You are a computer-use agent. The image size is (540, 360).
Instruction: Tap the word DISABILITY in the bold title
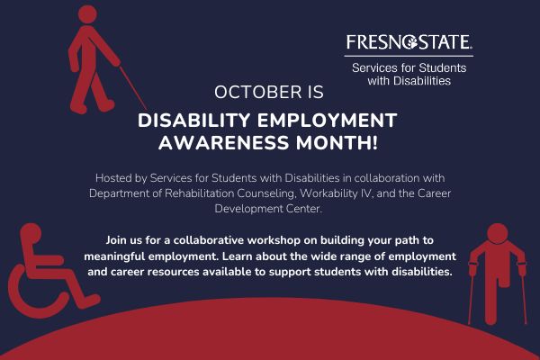pos(193,121)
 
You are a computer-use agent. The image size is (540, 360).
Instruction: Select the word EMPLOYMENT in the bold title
pos(328,121)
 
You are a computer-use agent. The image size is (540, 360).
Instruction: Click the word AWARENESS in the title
pos(223,142)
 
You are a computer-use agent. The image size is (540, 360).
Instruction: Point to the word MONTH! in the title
pos(337,142)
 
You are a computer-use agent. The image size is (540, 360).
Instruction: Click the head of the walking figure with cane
pos(87,14)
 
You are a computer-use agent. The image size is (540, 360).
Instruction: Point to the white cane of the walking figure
pos(133,87)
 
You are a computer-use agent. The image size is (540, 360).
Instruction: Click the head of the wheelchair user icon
pos(31,233)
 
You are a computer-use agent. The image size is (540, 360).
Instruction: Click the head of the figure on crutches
pos(498,234)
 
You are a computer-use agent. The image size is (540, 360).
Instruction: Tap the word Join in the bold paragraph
pos(116,240)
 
